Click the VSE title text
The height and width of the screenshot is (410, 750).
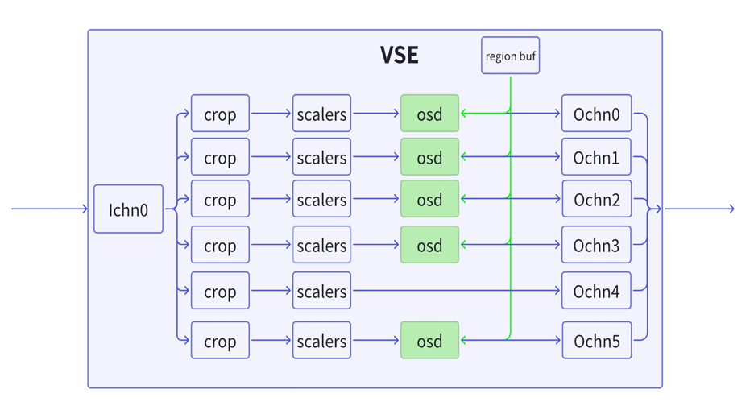pyautogui.click(x=400, y=55)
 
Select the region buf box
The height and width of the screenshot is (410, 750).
pyautogui.click(x=511, y=56)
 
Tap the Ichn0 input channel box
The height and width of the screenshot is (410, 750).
pyautogui.click(x=128, y=209)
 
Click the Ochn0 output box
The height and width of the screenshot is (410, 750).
pyautogui.click(x=596, y=114)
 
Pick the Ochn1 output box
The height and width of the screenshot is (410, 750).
pyautogui.click(x=596, y=157)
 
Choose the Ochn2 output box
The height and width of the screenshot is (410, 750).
pyautogui.click(x=596, y=198)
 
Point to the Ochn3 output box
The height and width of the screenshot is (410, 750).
pyautogui.click(x=596, y=244)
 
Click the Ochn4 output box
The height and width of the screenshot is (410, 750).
pyautogui.click(x=596, y=291)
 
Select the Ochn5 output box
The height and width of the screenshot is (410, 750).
pyautogui.click(x=596, y=340)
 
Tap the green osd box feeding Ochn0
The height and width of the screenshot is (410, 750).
pyautogui.click(x=429, y=114)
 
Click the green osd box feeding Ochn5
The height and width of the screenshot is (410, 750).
pyautogui.click(x=429, y=340)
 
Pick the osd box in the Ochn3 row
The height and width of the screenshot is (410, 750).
pyautogui.click(x=429, y=244)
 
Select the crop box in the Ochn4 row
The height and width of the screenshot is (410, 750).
pyautogui.click(x=220, y=291)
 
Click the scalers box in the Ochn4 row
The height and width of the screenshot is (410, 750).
pyautogui.click(x=321, y=291)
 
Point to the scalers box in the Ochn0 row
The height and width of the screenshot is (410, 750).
pyautogui.click(x=321, y=114)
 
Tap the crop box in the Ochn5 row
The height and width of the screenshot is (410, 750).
pyautogui.click(x=220, y=340)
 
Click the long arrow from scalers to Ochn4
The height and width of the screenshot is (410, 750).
pyautogui.click(x=456, y=291)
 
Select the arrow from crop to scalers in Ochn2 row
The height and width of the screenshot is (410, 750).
pyautogui.click(x=271, y=198)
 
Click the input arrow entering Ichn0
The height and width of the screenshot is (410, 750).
pyautogui.click(x=50, y=209)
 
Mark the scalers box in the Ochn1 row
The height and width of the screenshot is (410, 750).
pyautogui.click(x=321, y=157)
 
